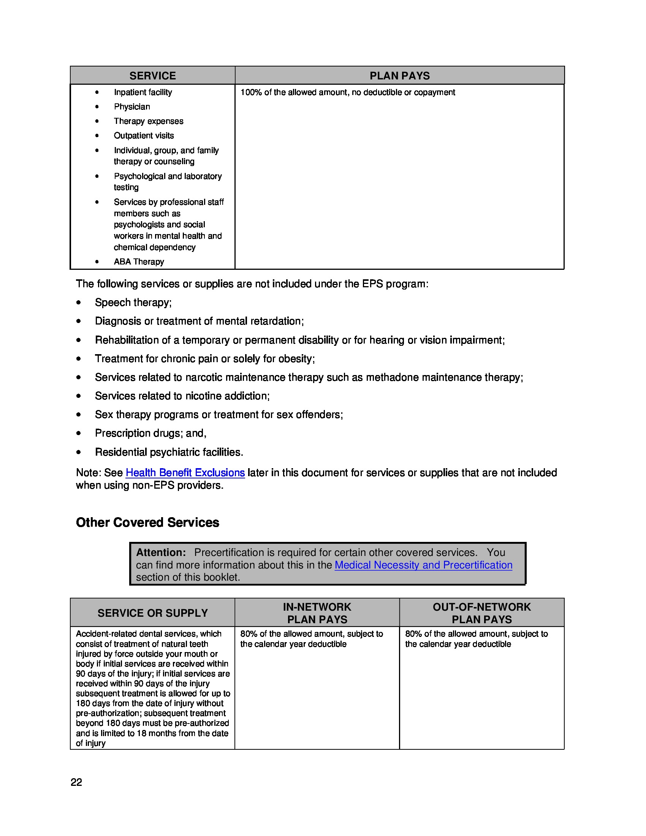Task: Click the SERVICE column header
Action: (152, 76)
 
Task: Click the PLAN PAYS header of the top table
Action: (399, 76)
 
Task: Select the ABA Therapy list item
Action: (139, 262)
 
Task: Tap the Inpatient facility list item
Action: (143, 92)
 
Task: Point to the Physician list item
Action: (131, 107)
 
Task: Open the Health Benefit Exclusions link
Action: (185, 473)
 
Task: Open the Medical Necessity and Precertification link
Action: (423, 565)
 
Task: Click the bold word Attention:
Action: (161, 553)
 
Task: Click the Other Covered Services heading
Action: (147, 522)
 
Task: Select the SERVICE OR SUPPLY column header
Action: (152, 613)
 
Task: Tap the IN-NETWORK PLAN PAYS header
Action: (317, 613)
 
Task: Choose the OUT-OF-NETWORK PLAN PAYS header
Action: (481, 613)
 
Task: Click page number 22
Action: (76, 782)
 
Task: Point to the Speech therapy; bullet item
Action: (133, 302)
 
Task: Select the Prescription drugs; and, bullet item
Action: (150, 433)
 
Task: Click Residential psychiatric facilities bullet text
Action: (169, 452)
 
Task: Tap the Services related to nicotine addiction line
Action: (182, 396)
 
